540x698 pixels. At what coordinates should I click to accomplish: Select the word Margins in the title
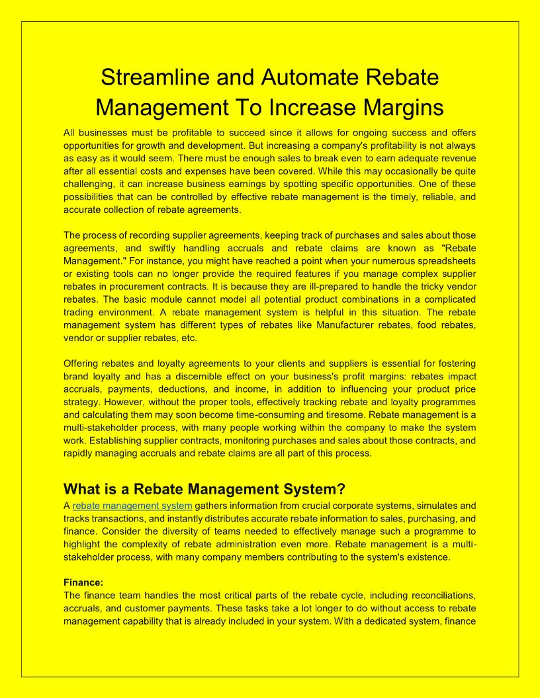(x=397, y=107)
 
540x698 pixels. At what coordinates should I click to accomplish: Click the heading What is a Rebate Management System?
(x=204, y=489)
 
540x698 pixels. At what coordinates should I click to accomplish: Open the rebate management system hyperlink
(x=132, y=506)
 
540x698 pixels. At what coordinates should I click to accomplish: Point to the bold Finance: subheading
(x=83, y=582)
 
